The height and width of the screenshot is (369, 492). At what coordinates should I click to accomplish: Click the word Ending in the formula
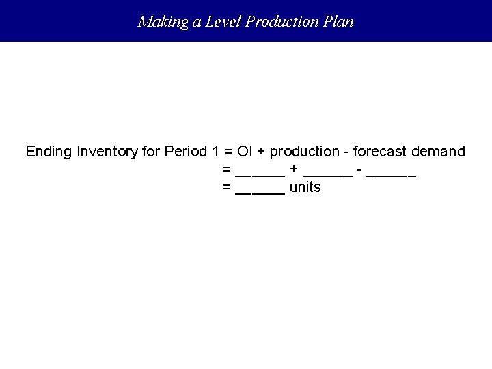pos(49,152)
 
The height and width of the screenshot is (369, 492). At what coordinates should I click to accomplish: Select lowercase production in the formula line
pos(305,152)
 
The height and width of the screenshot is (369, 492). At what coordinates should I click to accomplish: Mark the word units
pos(305,187)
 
